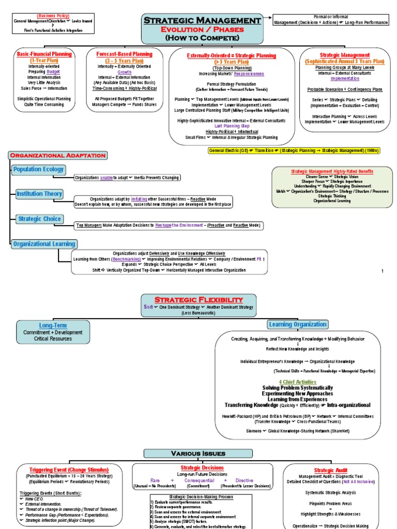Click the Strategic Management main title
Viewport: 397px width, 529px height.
pyautogui.click(x=202, y=20)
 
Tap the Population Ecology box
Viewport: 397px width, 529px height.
pyautogui.click(x=39, y=169)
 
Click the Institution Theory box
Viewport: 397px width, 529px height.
pyautogui.click(x=39, y=194)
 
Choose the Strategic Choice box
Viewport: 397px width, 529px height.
pyautogui.click(x=39, y=219)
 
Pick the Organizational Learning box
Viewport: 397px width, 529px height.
pyautogui.click(x=44, y=243)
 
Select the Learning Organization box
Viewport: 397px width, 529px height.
pyautogui.click(x=298, y=324)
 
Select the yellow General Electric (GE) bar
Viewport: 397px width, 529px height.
pyautogui.click(x=294, y=150)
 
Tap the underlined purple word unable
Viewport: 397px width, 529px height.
pyautogui.click(x=106, y=178)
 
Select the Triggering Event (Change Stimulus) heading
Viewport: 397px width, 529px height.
pyautogui.click(x=69, y=470)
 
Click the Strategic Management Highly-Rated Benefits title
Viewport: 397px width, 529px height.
pyautogui.click(x=332, y=171)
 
